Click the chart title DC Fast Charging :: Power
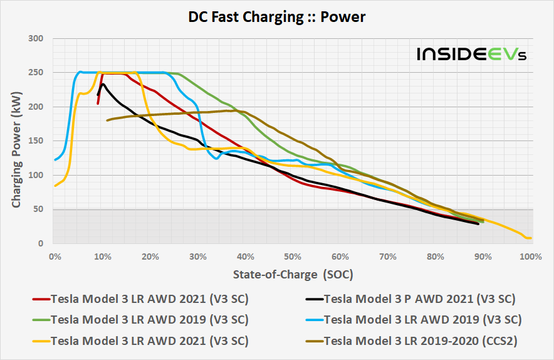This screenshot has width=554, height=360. [x=276, y=18]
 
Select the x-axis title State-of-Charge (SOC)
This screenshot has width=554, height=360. [x=292, y=274]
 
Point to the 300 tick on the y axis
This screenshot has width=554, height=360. [x=35, y=39]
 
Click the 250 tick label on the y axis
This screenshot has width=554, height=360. [x=35, y=73]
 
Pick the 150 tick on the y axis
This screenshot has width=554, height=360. [x=35, y=141]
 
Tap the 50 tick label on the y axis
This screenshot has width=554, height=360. [x=38, y=209]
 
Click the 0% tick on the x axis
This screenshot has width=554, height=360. [x=55, y=256]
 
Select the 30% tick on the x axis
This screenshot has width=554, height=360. [x=197, y=256]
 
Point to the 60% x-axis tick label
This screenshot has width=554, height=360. [x=340, y=256]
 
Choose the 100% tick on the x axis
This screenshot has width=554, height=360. [x=530, y=256]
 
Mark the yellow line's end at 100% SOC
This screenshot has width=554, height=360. [x=530, y=238]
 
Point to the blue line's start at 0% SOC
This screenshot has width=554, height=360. [x=55, y=160]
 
